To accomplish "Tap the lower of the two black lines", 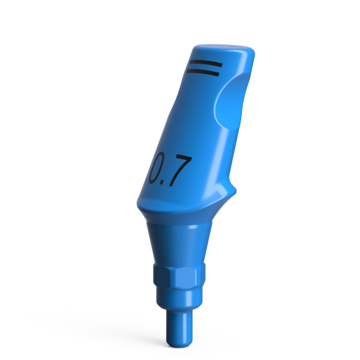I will [x=204, y=72].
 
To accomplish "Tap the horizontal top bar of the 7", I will [x=181, y=159].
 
